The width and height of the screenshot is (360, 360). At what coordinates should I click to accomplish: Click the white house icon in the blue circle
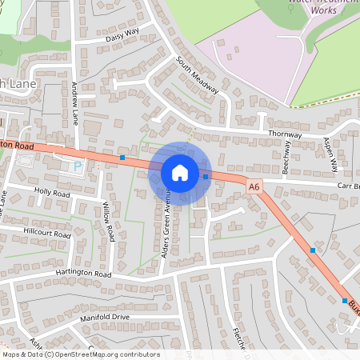coord(179,172)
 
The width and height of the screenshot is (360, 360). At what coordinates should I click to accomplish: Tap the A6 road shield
coord(254,186)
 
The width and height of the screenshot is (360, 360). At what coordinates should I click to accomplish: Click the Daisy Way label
coord(122,35)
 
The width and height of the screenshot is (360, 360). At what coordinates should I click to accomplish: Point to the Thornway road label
coord(285,134)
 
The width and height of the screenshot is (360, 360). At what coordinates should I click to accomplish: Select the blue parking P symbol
coord(78,166)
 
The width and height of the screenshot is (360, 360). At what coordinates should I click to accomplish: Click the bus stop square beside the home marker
coord(206,176)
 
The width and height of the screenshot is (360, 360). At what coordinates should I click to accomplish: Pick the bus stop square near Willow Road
coord(122,158)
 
